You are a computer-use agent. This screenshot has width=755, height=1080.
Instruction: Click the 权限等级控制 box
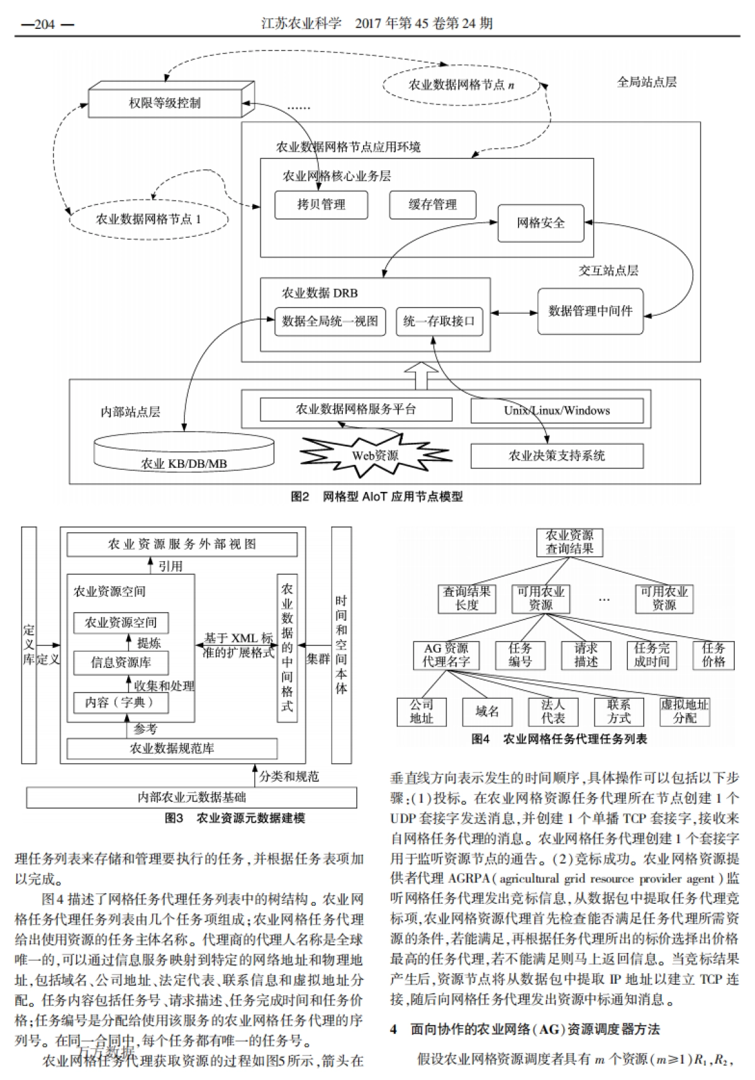[165, 103]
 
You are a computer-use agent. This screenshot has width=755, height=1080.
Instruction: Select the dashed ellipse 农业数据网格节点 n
[461, 85]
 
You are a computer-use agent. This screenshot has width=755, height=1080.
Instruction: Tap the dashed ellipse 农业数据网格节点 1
[148, 220]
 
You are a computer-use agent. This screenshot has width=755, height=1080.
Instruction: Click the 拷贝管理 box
[321, 205]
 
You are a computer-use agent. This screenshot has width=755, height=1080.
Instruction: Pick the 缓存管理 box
[432, 205]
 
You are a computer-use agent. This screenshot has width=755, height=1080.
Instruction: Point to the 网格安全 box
[540, 223]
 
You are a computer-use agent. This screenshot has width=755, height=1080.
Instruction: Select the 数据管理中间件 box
[590, 311]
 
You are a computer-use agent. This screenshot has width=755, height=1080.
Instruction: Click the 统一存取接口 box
[439, 321]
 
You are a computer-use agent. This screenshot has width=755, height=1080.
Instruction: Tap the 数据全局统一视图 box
[330, 321]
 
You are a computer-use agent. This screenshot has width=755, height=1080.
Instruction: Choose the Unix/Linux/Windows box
[556, 411]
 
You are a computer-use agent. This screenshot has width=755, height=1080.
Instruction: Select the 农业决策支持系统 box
[556, 456]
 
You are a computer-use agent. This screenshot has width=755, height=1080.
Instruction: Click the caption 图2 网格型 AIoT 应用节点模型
[377, 497]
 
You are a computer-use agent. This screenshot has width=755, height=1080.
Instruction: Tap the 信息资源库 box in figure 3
[121, 662]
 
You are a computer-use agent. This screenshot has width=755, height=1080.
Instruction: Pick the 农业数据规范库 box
[172, 749]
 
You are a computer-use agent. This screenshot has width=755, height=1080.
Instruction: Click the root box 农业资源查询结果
[569, 542]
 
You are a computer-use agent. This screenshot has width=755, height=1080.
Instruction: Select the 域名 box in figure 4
[487, 711]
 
